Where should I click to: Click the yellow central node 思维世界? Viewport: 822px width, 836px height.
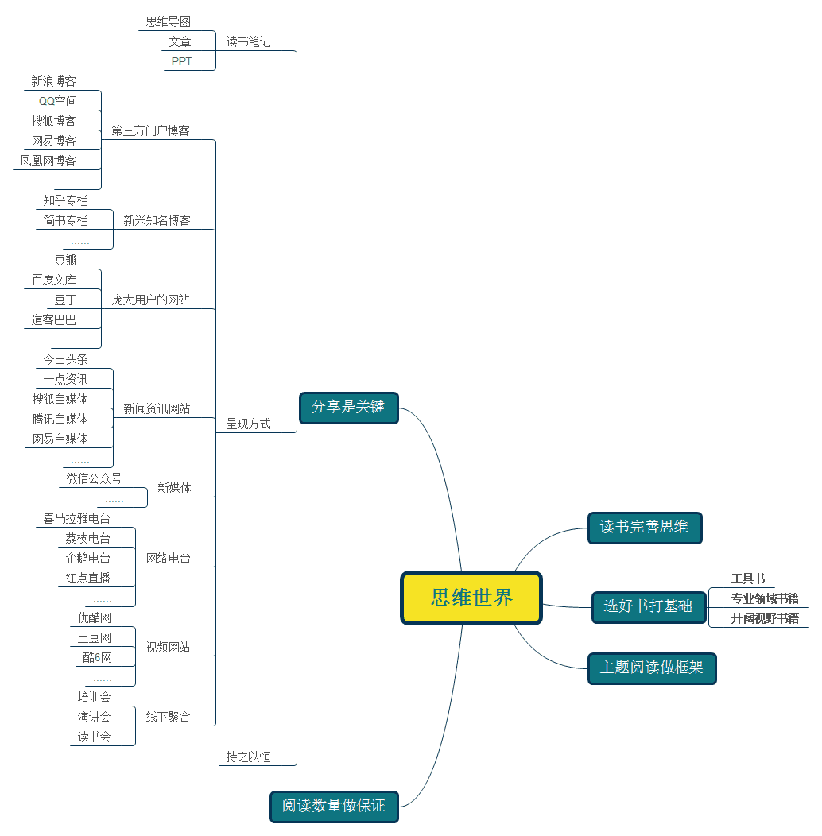pyautogui.click(x=471, y=598)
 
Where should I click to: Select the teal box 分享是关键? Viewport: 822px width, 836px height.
pyautogui.click(x=348, y=408)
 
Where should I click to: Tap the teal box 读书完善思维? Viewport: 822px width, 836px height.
pyautogui.click(x=644, y=527)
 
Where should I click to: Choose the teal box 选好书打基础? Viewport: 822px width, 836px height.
pyautogui.click(x=648, y=606)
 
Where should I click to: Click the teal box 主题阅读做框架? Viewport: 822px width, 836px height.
pyautogui.click(x=651, y=668)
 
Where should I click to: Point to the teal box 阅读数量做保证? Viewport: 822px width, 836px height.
pyautogui.click(x=333, y=806)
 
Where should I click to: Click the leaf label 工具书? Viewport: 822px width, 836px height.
pyautogui.click(x=748, y=579)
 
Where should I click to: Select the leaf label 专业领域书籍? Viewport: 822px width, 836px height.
pyautogui.click(x=765, y=598)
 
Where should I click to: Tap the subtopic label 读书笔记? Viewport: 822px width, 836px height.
pyautogui.click(x=248, y=41)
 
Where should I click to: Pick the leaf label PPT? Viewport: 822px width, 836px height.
pyautogui.click(x=181, y=61)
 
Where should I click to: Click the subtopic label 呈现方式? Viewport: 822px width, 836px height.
pyautogui.click(x=248, y=424)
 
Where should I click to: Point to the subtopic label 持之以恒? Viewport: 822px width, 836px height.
pyautogui.click(x=248, y=757)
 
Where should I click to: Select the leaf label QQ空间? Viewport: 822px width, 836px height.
pyautogui.click(x=58, y=101)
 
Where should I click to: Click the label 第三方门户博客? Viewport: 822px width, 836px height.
pyautogui.click(x=150, y=130)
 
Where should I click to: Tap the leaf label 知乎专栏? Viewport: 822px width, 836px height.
pyautogui.click(x=65, y=200)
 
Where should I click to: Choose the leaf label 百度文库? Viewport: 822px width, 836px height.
pyautogui.click(x=54, y=280)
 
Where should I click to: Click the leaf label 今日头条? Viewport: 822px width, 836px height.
pyautogui.click(x=65, y=359)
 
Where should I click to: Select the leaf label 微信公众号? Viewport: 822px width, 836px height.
pyautogui.click(x=94, y=478)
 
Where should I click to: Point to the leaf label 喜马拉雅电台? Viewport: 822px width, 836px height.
pyautogui.click(x=76, y=518)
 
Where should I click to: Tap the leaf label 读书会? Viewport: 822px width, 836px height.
pyautogui.click(x=94, y=737)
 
